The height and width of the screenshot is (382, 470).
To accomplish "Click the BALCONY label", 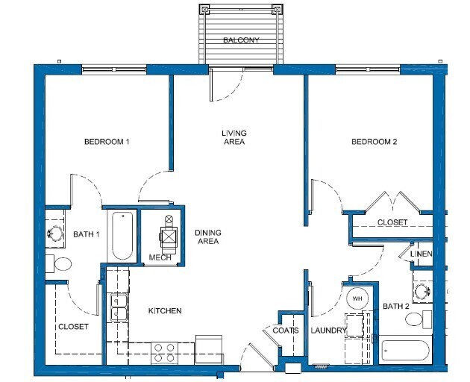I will pyautogui.click(x=241, y=40).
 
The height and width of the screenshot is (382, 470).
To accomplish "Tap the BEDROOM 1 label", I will pyautogui.click(x=107, y=143).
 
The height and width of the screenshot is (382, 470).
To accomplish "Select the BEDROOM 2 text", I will pyautogui.click(x=374, y=143).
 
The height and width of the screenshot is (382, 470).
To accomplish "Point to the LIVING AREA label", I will pyautogui.click(x=234, y=137).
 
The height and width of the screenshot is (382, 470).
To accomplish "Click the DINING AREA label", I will pyautogui.click(x=207, y=237).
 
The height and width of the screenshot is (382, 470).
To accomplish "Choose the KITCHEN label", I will pyautogui.click(x=165, y=311).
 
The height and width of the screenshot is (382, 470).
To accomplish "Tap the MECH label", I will pyautogui.click(x=160, y=257).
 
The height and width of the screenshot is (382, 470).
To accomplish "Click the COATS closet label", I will pyautogui.click(x=286, y=331).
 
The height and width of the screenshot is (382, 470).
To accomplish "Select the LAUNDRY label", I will pyautogui.click(x=329, y=331).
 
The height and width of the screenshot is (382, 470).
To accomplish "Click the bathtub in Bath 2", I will pyautogui.click(x=406, y=351).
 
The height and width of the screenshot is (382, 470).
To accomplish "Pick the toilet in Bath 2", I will pyautogui.click(x=417, y=320).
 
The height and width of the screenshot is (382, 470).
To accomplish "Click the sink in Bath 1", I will pyautogui.click(x=54, y=233).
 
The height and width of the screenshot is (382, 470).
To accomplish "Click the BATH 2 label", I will pyautogui.click(x=396, y=307).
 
